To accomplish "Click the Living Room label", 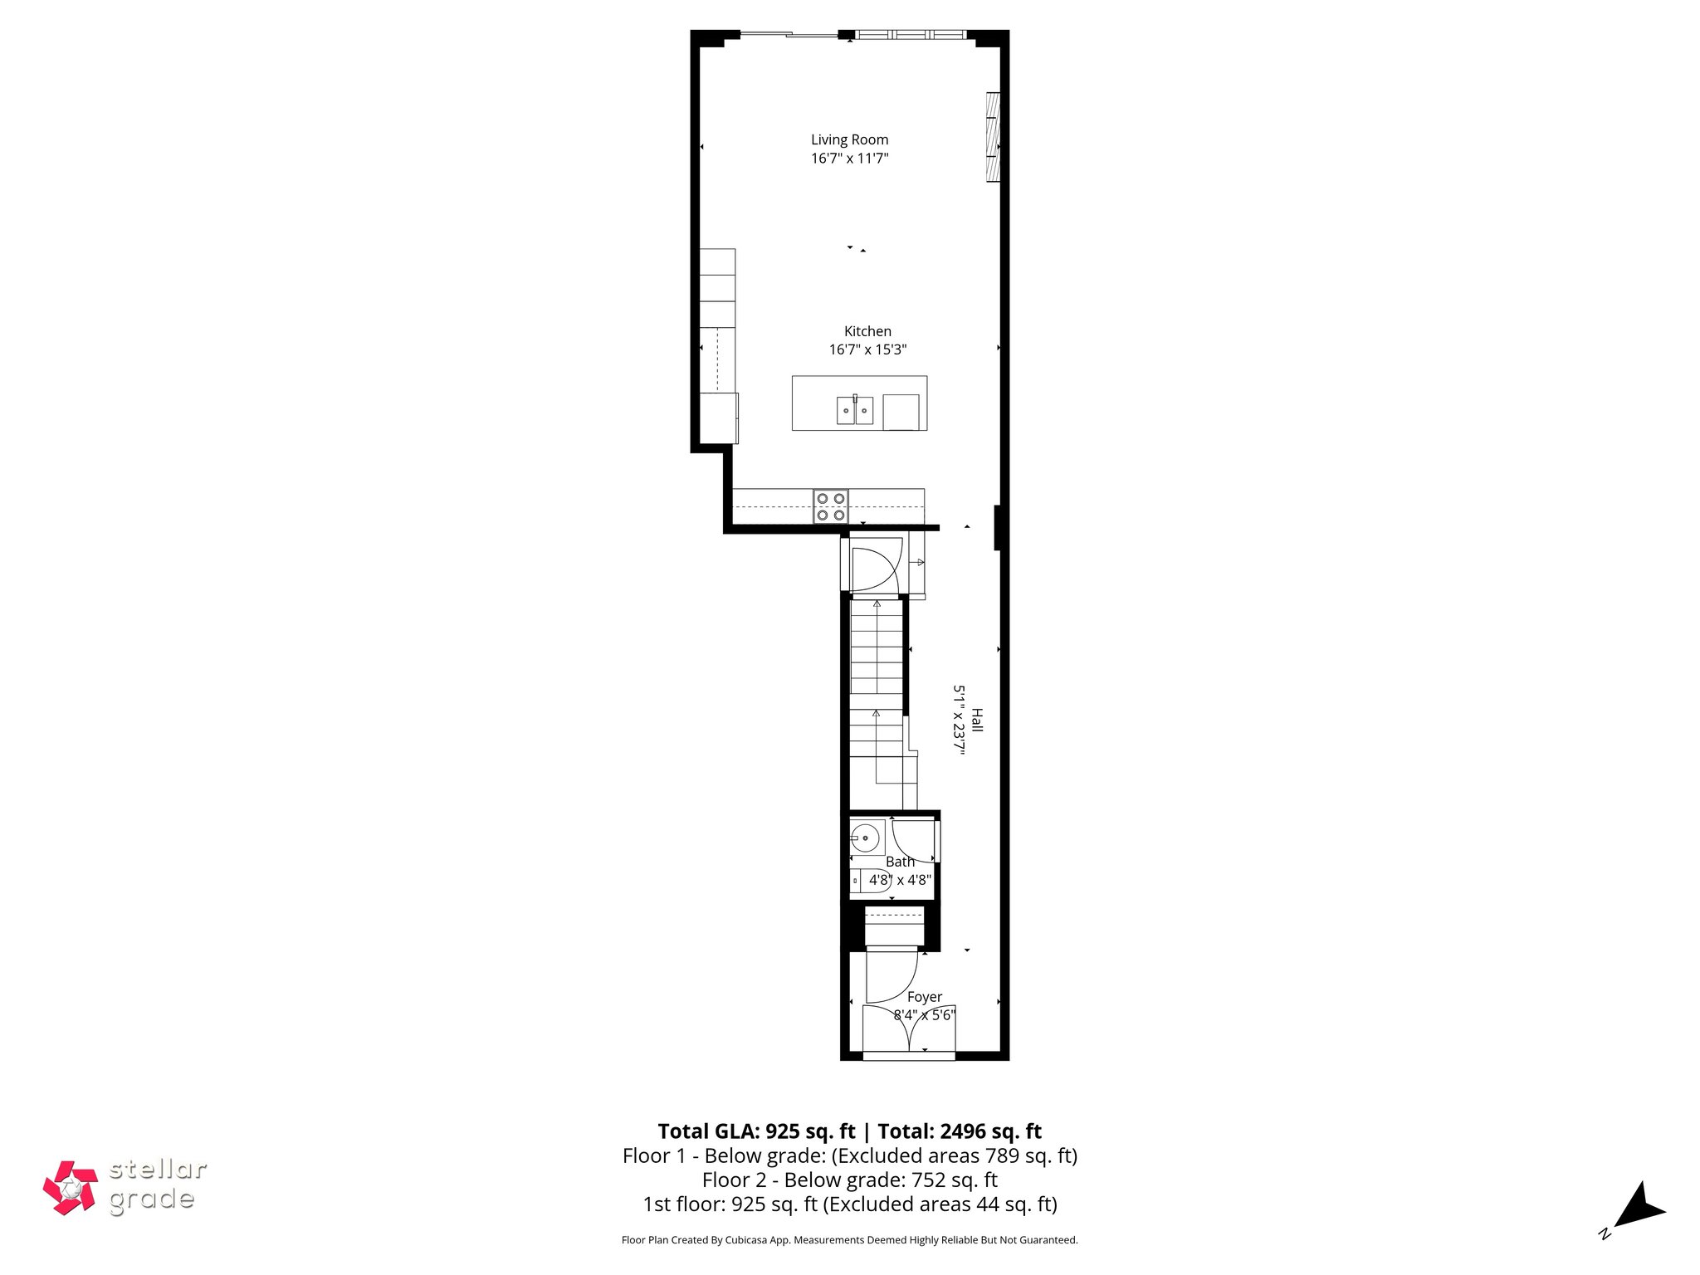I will click(x=849, y=139).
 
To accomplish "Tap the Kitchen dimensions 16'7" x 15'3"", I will click(x=867, y=350).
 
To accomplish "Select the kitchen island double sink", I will click(x=855, y=410).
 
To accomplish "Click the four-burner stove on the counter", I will click(x=831, y=506).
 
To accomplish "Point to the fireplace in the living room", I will click(x=992, y=136).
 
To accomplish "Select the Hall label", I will click(x=977, y=720).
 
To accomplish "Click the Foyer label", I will click(x=924, y=997).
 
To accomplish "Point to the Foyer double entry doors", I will click(x=910, y=1030).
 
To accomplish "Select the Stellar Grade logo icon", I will click(x=71, y=1188).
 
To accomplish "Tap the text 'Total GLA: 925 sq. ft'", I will click(x=756, y=1131).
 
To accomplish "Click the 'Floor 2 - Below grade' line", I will click(x=849, y=1180).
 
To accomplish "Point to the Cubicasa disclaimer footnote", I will click(x=849, y=1240).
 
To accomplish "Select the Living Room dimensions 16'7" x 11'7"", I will click(x=849, y=159).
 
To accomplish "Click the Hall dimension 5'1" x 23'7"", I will click(x=959, y=720).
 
